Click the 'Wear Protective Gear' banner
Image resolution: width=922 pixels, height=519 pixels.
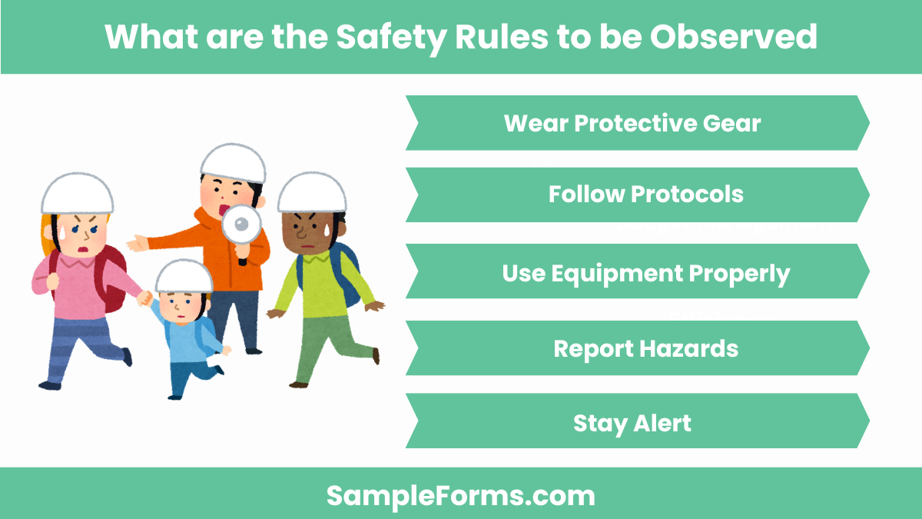pyautogui.click(x=632, y=123)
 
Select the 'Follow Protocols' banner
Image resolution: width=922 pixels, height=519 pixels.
pyautogui.click(x=645, y=195)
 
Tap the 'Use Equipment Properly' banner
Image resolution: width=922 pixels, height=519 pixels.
pyautogui.click(x=645, y=273)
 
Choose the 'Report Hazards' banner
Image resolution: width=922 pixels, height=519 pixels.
pyautogui.click(x=645, y=348)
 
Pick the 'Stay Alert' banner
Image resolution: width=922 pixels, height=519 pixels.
pyautogui.click(x=632, y=423)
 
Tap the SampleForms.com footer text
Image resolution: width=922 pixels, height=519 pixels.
pyautogui.click(x=461, y=495)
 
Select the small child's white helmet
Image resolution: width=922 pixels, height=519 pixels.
pyautogui.click(x=184, y=275)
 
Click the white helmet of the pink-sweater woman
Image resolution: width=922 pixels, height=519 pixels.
pyautogui.click(x=77, y=193)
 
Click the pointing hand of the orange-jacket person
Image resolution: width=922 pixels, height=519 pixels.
pyautogui.click(x=138, y=243)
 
